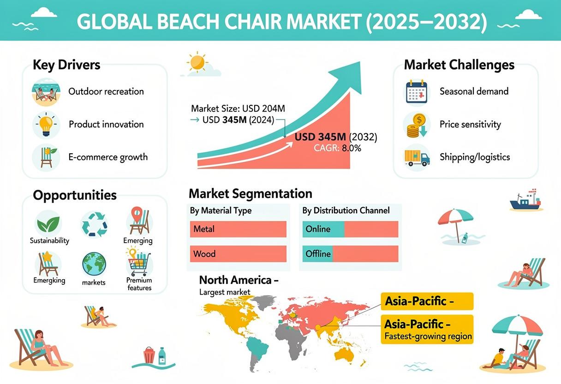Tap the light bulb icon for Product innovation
coord(46,125)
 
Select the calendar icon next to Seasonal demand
coord(417,91)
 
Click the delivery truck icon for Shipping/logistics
coord(417,158)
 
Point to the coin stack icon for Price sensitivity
coord(417,125)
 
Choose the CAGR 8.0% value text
coord(337,148)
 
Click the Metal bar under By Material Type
coord(238,229)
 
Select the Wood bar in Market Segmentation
coord(238,254)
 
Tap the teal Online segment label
coord(323,229)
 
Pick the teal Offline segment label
coord(317,254)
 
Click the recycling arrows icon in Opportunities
coord(95,224)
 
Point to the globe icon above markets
coord(94,264)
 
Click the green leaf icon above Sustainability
coord(48,224)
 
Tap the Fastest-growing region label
coord(428,336)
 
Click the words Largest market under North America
coord(225,292)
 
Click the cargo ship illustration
coord(525,200)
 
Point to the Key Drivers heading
coord(66,65)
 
